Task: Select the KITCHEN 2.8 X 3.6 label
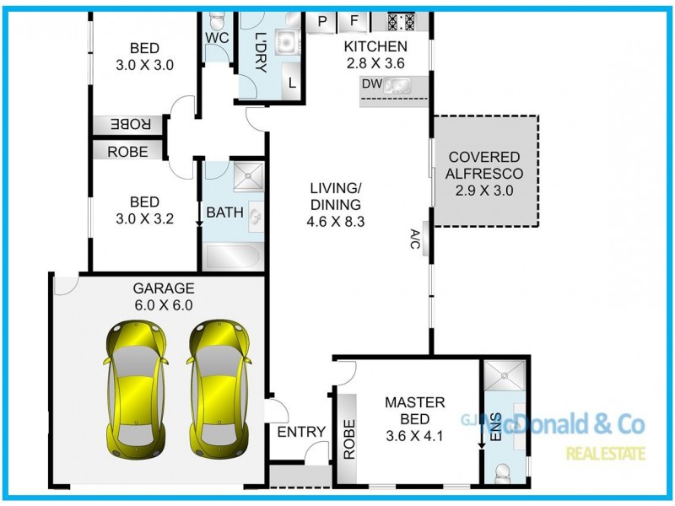pos(376,54)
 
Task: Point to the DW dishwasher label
pos(371,83)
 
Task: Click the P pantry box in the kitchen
pos(322,21)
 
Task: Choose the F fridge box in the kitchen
pos(354,21)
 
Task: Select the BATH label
pos(224,213)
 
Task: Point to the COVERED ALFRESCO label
pos(486,174)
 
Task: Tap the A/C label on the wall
pos(416,240)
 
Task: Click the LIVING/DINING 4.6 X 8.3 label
pos(335,203)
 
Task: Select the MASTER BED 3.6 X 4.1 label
pos(414,419)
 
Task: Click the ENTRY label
pos(301,432)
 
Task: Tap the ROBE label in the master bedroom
pos(348,439)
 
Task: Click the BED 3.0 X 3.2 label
pos(144,210)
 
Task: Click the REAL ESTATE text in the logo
pos(606,454)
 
